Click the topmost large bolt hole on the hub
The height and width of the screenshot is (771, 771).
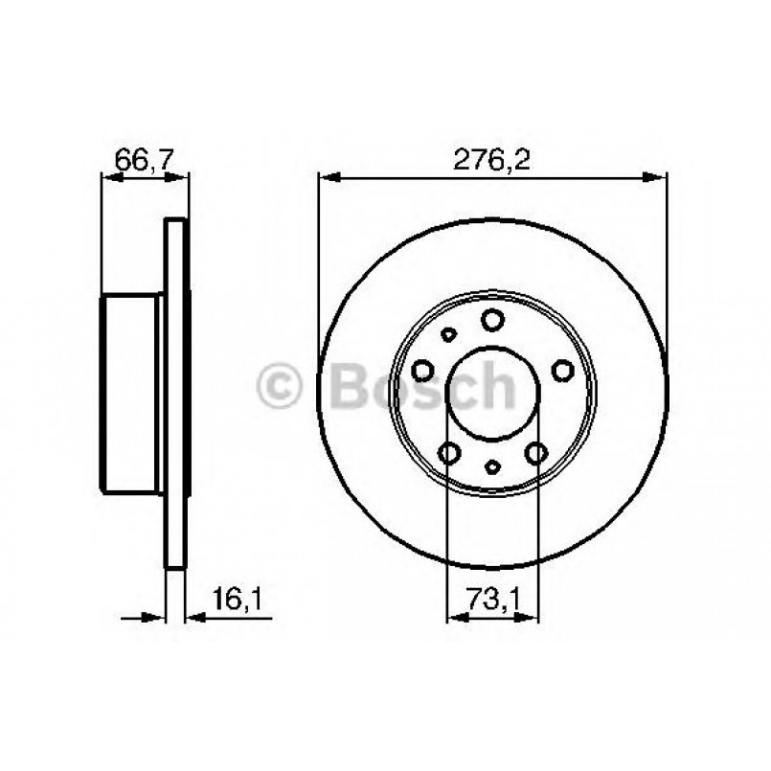coord(492,319)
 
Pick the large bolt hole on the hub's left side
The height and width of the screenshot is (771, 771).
coord(422,369)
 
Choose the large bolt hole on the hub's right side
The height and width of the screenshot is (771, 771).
coord(561,369)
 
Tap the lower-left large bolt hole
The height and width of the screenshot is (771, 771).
coord(449,452)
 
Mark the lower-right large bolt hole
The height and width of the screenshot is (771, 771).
coord(535,452)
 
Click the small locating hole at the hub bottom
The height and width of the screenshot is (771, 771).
coord(492,466)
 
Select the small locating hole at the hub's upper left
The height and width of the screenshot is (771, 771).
coord(447,335)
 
